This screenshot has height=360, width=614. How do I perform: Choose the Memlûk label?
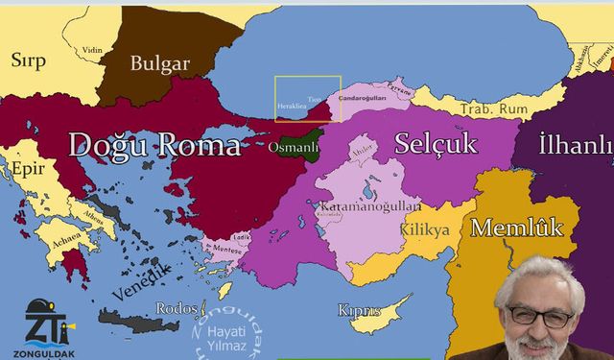516,228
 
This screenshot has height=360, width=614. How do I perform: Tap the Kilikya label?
427,231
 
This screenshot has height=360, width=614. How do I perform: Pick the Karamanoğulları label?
370,206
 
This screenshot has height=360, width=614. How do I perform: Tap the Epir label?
28,170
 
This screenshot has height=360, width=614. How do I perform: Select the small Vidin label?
92,50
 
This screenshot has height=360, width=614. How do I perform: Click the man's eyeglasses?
542,314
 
